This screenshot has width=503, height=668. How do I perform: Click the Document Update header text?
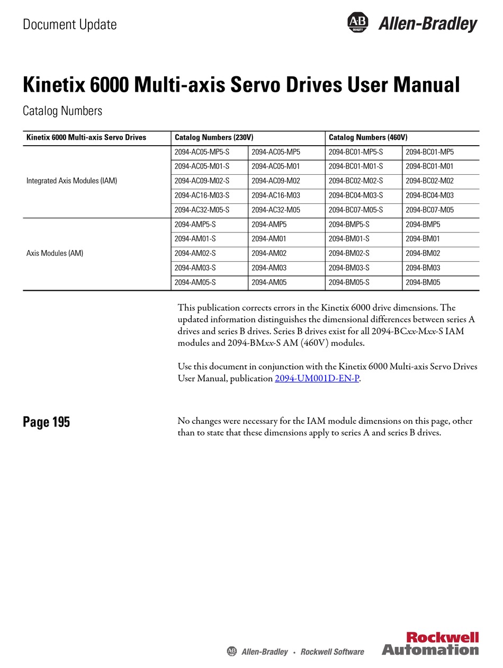tap(69, 24)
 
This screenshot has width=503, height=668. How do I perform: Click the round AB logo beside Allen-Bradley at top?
tap(357, 22)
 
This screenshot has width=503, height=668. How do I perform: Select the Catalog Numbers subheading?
tap(62, 111)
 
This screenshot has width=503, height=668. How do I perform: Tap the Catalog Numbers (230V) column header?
tap(214, 137)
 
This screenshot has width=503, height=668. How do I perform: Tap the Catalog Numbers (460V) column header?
tap(368, 137)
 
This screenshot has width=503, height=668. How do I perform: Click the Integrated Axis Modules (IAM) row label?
tap(71, 181)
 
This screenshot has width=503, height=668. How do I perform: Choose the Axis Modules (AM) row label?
tap(55, 253)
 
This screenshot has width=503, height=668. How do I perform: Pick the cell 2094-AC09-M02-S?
tap(202, 181)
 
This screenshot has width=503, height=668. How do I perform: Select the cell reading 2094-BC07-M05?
tap(429, 210)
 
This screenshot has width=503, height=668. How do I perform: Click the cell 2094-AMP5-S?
tap(195, 224)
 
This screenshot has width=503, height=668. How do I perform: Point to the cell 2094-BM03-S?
tap(349, 268)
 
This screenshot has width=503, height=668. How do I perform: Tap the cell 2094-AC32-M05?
tap(275, 210)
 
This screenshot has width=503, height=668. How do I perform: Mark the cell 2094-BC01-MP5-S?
tap(356, 152)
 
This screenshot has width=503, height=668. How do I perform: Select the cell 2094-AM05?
tap(269, 282)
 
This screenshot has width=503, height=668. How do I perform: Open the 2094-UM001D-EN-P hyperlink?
tap(317, 379)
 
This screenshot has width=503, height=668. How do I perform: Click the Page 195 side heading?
tap(46, 422)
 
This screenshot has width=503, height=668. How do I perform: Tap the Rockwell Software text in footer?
tap(332, 652)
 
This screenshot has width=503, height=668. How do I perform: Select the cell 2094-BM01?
tap(423, 239)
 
